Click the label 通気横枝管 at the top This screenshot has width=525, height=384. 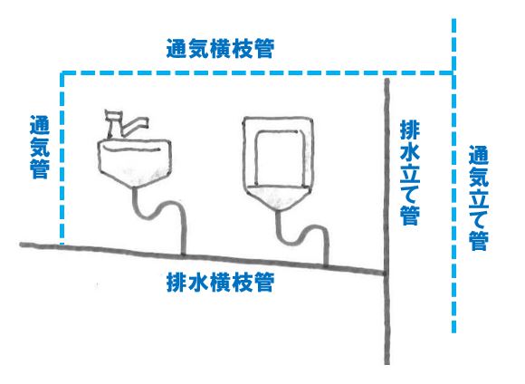coord(220,49)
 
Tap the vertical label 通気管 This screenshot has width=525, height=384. coord(40,147)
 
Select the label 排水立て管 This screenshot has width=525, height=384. coord(410,173)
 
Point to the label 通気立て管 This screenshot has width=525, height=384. coord(478,198)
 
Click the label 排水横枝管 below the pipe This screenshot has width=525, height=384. coord(220,283)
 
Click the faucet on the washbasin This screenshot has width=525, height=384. coord(125,124)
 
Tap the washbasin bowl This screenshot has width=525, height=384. coord(135,162)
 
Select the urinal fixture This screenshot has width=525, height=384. coord(278,163)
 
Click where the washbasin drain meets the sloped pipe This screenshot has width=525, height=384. coord(184,256)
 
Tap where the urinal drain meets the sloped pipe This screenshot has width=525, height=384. coord(326,266)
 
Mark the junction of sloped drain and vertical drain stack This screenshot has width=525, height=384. coord(386,274)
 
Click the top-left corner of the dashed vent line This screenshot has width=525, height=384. coord(62,73)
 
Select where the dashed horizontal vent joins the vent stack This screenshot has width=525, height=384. coord(453,72)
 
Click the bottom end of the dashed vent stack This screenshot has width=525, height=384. coord(453,331)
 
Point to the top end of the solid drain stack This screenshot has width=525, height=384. coord(387,80)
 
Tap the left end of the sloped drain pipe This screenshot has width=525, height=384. coord(22,245)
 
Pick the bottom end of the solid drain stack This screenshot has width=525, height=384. coord(387,363)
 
